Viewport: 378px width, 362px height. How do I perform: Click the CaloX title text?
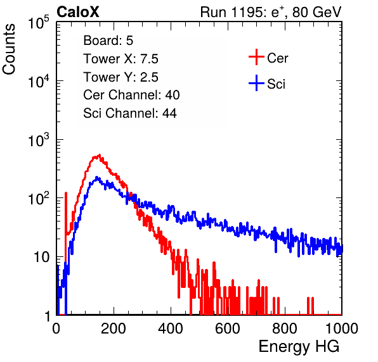pyautogui.click(x=78, y=12)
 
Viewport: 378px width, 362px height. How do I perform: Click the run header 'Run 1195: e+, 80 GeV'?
pyautogui.click(x=271, y=12)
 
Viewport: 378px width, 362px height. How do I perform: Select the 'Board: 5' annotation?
pyautogui.click(x=108, y=41)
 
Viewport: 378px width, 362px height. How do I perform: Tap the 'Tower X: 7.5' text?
pyautogui.click(x=121, y=59)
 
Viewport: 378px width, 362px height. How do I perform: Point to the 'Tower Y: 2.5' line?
pyautogui.click(x=121, y=77)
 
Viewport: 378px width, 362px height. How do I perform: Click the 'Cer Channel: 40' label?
pyautogui.click(x=131, y=95)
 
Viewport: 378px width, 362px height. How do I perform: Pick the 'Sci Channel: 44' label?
pyautogui.click(x=130, y=113)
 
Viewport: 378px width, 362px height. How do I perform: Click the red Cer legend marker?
pyautogui.click(x=256, y=57)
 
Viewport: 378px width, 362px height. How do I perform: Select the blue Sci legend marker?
pyautogui.click(x=256, y=83)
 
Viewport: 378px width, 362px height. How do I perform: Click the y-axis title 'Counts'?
pyautogui.click(x=9, y=49)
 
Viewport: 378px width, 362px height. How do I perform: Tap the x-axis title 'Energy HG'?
pyautogui.click(x=299, y=346)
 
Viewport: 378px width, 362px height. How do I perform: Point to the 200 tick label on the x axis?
pyautogui.click(x=114, y=328)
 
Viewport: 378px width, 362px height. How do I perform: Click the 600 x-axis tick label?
pyautogui.click(x=228, y=328)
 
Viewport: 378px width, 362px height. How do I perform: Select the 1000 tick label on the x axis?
pyautogui.click(x=342, y=328)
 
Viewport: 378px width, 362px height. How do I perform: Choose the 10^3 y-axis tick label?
pyautogui.click(x=39, y=140)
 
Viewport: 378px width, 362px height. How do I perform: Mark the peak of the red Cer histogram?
pyautogui.click(x=100, y=155)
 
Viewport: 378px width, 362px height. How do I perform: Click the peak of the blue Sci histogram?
pyautogui.click(x=96, y=177)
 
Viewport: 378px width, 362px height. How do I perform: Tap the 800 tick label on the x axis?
pyautogui.click(x=285, y=328)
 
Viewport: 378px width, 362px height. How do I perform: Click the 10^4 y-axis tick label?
pyautogui.click(x=39, y=81)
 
